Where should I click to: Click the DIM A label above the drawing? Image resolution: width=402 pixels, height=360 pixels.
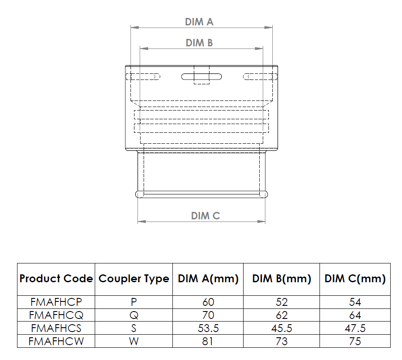[199, 22]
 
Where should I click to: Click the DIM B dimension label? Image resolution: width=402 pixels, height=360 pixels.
[199, 43]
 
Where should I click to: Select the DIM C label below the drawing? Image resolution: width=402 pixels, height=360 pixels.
[205, 216]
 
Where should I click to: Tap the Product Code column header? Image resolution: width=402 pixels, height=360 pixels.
[56, 279]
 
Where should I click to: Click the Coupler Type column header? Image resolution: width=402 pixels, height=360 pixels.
[134, 279]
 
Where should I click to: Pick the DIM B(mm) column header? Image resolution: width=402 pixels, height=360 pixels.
[282, 279]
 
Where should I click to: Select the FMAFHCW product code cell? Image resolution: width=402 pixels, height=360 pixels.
[56, 341]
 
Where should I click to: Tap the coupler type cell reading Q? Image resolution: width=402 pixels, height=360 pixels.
[134, 315]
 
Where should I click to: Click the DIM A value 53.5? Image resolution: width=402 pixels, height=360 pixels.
[208, 328]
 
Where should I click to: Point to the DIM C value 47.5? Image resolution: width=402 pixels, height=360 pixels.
[355, 328]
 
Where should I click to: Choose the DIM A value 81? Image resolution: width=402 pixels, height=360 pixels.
[208, 341]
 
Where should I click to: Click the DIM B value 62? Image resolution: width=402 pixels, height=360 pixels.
[282, 315]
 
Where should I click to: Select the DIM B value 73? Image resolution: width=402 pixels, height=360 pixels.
[282, 341]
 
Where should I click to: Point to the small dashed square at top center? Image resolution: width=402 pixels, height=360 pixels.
[201, 75]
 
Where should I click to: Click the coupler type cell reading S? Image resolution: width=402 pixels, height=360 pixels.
[134, 328]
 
